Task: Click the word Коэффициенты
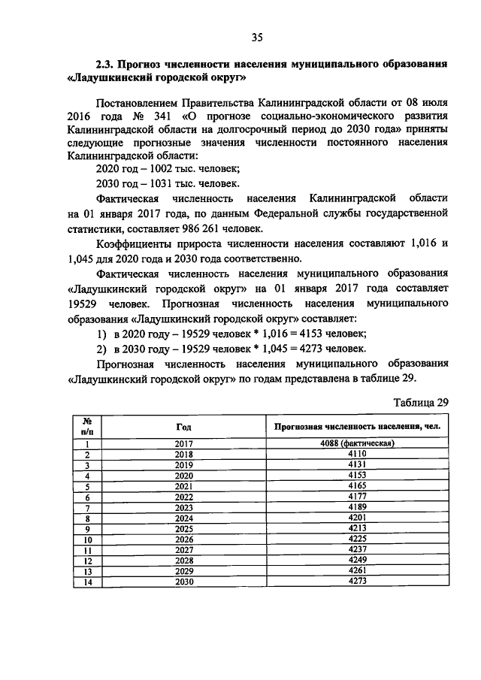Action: click(x=136, y=246)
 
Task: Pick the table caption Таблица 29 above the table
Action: click(x=421, y=402)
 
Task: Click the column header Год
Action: click(x=183, y=426)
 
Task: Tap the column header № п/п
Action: click(x=87, y=426)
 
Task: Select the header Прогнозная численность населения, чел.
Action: click(x=357, y=426)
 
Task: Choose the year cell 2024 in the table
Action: click(x=183, y=518)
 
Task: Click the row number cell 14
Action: click(x=87, y=582)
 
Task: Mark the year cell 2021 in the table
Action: click(x=183, y=486)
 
